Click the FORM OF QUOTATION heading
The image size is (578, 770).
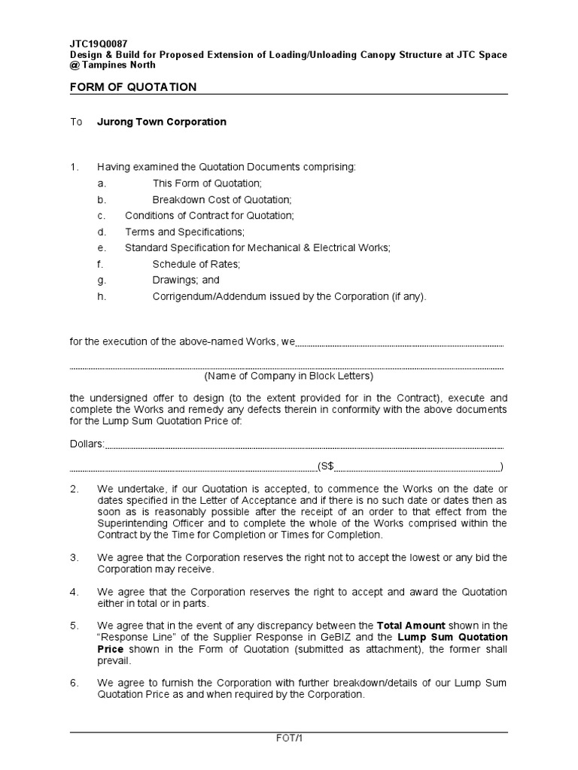pos(133,87)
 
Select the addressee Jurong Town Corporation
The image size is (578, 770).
pos(161,122)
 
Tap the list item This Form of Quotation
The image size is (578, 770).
pos(207,183)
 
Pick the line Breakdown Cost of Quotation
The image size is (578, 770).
pos(221,199)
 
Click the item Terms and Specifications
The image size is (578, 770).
pos(184,232)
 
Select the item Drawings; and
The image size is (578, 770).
pos(186,280)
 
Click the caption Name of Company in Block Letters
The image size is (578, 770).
pos(288,376)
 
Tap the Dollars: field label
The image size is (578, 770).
pos(87,444)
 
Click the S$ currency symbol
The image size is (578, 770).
pos(326,466)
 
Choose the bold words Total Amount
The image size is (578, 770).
pos(411,625)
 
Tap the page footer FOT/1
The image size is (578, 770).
pos(289,738)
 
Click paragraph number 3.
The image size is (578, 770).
pos(75,558)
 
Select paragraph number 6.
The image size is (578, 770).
pos(75,683)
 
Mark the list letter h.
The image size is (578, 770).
pos(100,296)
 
